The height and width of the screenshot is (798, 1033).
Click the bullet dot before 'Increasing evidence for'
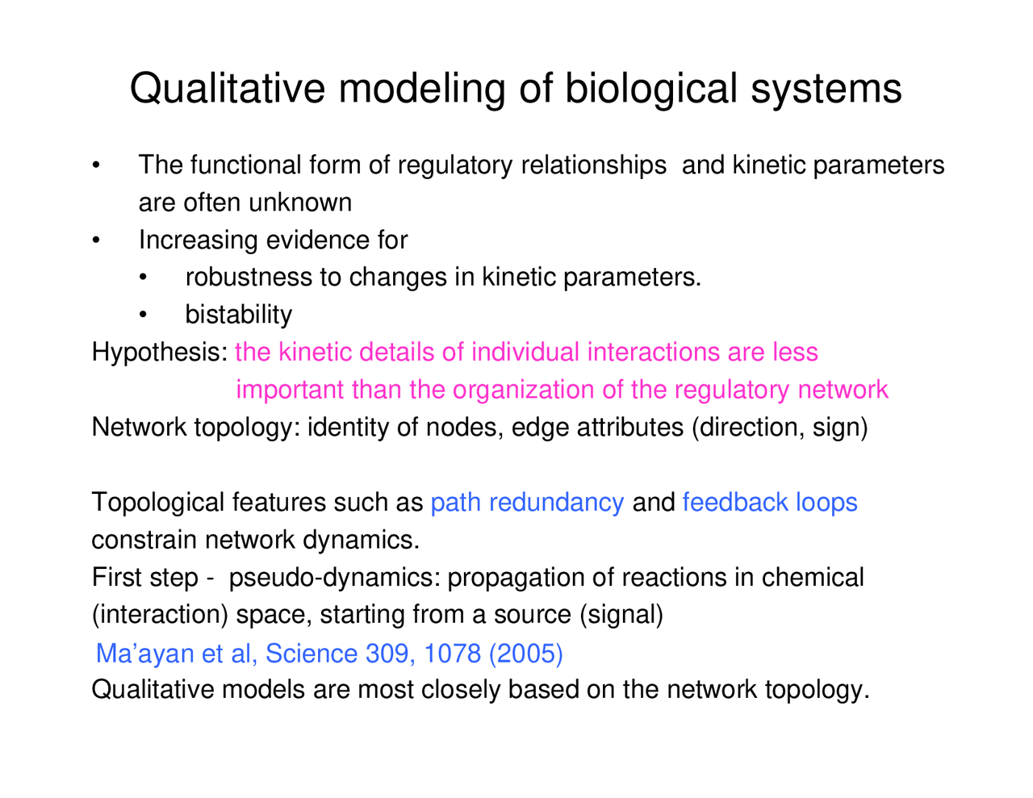[x=96, y=240]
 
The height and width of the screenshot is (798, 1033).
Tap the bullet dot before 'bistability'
[x=143, y=315]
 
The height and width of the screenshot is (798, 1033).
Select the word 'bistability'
[x=238, y=315]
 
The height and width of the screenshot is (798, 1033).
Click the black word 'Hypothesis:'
[x=160, y=353]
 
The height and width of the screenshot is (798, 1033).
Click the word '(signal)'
[x=621, y=615]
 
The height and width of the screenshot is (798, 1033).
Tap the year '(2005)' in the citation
[x=526, y=653]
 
